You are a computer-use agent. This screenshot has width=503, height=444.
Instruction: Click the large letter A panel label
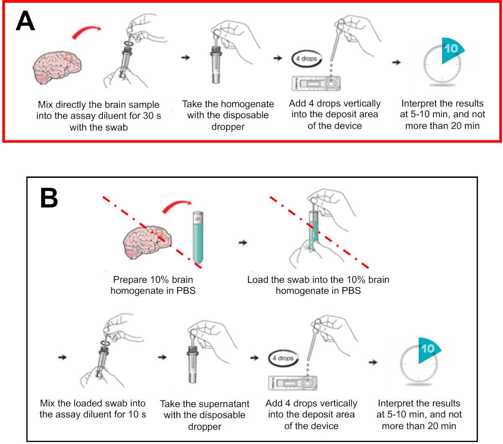[x=25, y=21]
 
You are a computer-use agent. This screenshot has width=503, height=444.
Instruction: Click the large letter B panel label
[x=49, y=198]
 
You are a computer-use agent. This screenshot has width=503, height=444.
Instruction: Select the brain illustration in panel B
[x=147, y=242]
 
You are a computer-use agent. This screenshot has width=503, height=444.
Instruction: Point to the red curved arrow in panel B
[x=176, y=205]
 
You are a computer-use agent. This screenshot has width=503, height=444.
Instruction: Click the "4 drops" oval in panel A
[x=306, y=59]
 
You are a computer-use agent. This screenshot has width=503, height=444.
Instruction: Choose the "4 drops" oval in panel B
[x=283, y=358]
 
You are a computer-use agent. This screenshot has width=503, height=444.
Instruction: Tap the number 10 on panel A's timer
[x=451, y=49]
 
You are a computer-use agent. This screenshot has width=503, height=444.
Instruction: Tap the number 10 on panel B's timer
[x=428, y=349]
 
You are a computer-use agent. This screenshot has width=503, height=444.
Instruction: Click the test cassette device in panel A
[x=316, y=84]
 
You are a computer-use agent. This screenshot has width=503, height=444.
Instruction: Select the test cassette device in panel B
[x=293, y=383]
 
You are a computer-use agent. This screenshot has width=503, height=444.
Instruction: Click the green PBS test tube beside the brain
[x=198, y=237]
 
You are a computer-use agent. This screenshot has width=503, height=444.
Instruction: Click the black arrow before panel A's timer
[x=396, y=62]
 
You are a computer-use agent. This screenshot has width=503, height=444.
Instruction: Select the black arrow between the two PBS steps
[x=243, y=242]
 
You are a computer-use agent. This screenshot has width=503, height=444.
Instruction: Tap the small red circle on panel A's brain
[x=68, y=58]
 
